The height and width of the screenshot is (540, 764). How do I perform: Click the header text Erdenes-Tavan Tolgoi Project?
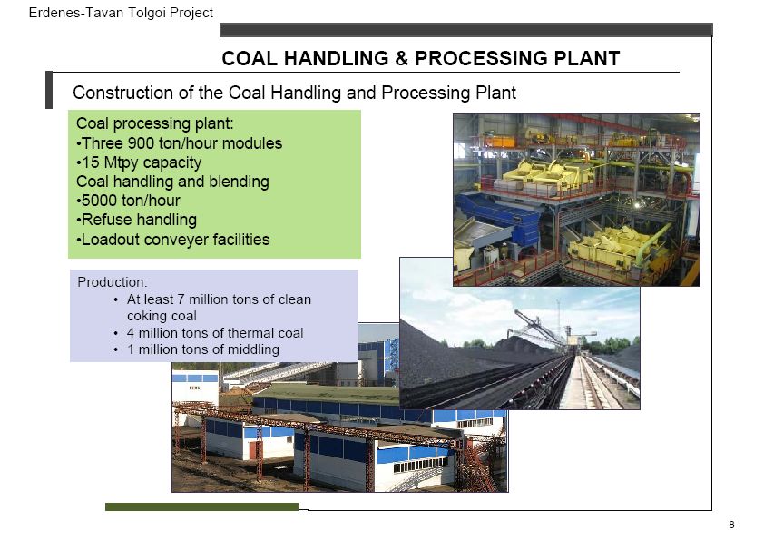point(121,13)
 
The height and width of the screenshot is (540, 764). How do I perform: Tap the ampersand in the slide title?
point(401,58)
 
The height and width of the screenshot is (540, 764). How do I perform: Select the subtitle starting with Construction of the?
point(294,93)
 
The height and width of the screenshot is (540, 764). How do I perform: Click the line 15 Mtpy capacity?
point(139,162)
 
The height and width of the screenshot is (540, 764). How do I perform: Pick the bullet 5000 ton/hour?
point(128,201)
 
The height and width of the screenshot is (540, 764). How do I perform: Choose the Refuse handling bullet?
point(136,220)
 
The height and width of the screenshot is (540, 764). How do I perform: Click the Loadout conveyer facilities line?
point(173,240)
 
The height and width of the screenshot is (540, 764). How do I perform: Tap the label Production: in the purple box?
point(113,282)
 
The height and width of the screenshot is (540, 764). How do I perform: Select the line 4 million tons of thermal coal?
point(215,333)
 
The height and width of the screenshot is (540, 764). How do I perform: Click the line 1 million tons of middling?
point(203,349)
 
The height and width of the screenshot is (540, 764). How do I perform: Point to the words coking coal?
point(162,316)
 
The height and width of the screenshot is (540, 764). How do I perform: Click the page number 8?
point(731,525)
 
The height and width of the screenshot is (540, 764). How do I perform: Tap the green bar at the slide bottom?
point(201,506)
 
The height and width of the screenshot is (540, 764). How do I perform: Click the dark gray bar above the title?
point(466,30)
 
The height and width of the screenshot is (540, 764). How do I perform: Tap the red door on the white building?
point(252,450)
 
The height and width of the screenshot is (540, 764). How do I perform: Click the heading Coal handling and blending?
point(172,182)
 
